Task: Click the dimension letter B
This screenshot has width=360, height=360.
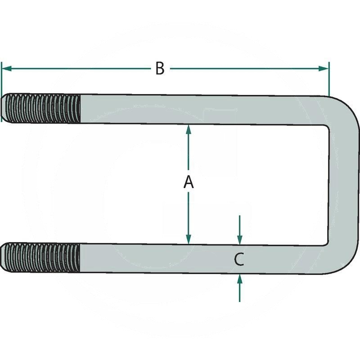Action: pyautogui.click(x=160, y=69)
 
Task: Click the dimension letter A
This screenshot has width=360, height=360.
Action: pyautogui.click(x=189, y=183)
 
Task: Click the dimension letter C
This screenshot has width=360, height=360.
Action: pyautogui.click(x=239, y=259)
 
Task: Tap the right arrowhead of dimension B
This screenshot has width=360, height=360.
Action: pyautogui.click(x=324, y=68)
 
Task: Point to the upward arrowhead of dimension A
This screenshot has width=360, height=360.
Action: pyautogui.click(x=189, y=130)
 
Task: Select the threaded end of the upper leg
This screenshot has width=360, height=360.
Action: pyautogui.click(x=43, y=108)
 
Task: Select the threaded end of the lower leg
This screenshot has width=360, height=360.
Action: pyautogui.click(x=43, y=257)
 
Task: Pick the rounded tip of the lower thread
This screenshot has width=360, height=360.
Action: pyautogui.click(x=4, y=257)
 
